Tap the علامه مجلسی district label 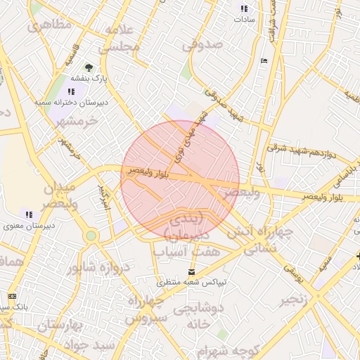point(121,39)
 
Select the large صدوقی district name point(202,44)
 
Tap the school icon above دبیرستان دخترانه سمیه point(71,91)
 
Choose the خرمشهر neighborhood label point(77,121)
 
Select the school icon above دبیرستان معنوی point(29,214)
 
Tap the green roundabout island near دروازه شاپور point(90,236)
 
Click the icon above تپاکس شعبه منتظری point(192,271)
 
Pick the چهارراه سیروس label point(146,309)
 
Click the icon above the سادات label point(244,9)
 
